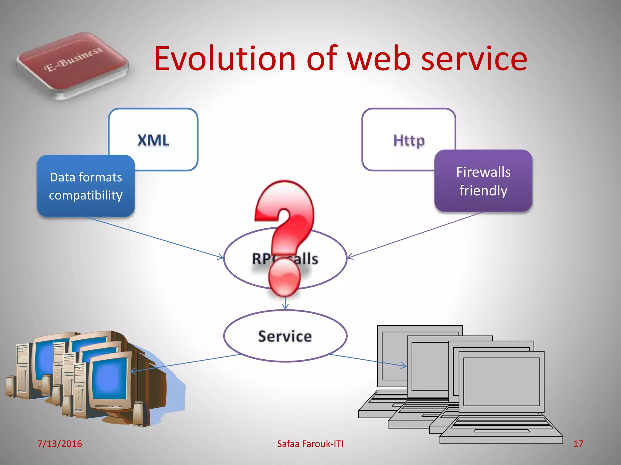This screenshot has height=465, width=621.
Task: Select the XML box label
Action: [x=153, y=140]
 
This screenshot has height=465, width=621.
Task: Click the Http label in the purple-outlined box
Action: [x=409, y=140]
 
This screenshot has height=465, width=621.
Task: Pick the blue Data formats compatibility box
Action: [x=86, y=186]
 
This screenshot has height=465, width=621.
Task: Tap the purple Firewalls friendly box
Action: [x=483, y=181]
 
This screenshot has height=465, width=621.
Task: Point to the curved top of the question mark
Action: [x=285, y=194]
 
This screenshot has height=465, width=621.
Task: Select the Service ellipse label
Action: [x=285, y=336]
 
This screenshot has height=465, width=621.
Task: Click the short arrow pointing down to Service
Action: [x=285, y=304]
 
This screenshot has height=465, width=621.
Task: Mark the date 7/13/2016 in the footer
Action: [x=59, y=444]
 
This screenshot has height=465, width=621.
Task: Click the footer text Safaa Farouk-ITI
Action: [x=310, y=444]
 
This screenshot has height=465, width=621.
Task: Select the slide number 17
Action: [x=578, y=444]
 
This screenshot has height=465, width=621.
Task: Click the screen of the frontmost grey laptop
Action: [x=502, y=381]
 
